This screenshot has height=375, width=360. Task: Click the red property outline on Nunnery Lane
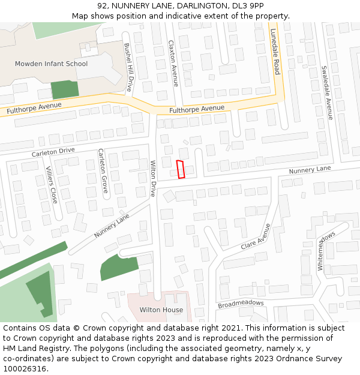click(x=181, y=169)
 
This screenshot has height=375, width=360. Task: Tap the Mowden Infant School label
click(x=51, y=64)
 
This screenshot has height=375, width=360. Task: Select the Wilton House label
click(x=161, y=310)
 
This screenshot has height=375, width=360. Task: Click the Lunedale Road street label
click(x=275, y=52)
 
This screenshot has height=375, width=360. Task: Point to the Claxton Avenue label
click(x=173, y=63)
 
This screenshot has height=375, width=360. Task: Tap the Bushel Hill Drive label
click(x=128, y=67)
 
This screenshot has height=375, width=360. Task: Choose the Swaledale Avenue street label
click(x=328, y=92)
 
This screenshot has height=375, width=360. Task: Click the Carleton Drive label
click(x=53, y=153)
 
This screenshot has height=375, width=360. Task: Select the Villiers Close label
click(x=51, y=184)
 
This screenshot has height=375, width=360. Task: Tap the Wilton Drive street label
click(x=153, y=178)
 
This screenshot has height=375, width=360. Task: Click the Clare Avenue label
click(x=256, y=237)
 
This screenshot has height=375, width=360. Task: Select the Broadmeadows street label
click(x=241, y=304)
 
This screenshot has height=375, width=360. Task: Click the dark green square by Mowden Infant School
click(x=65, y=89)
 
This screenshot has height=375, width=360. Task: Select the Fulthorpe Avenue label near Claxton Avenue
click(x=196, y=109)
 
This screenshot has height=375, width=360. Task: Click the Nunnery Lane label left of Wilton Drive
click(x=111, y=226)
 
